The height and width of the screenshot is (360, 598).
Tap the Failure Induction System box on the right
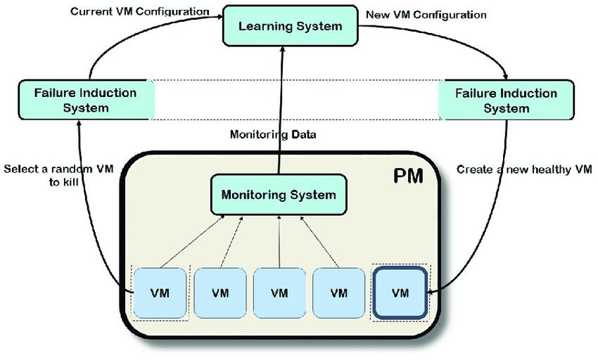[506, 100]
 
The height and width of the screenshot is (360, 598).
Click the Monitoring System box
[279, 195]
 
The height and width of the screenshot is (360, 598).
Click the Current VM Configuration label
[139, 12]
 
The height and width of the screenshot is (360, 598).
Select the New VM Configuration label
[426, 14]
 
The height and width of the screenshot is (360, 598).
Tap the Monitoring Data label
[273, 135]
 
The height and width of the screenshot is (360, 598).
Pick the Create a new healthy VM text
[524, 169]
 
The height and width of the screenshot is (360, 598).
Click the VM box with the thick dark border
[399, 292]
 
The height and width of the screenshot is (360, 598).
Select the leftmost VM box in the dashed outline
[160, 292]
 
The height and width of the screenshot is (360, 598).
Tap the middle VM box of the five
[279, 292]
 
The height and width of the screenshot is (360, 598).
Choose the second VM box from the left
[220, 292]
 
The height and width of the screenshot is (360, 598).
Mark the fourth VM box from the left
[339, 292]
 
